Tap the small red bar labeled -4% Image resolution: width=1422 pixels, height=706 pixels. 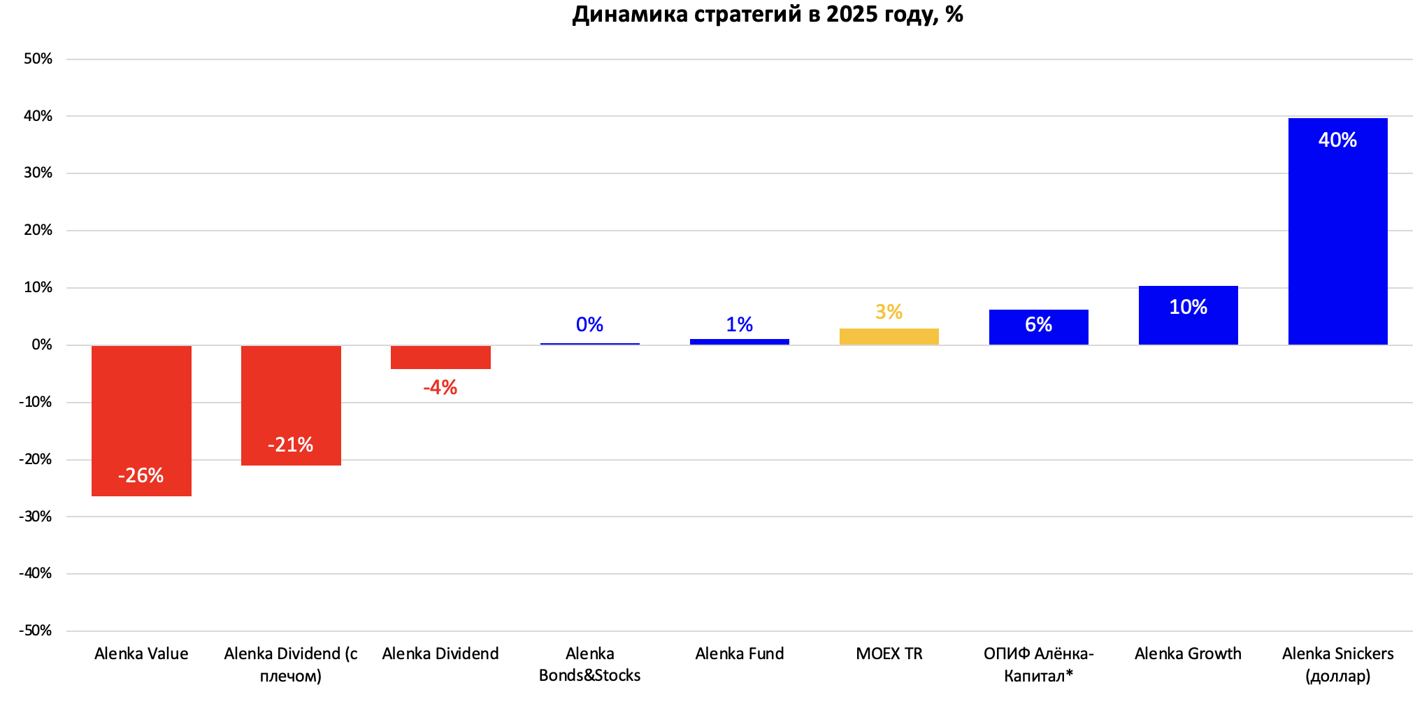click(440, 357)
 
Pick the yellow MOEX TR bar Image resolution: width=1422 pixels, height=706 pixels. click(889, 337)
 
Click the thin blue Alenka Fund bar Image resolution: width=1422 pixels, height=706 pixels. click(739, 342)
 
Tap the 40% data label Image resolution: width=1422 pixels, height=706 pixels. click(1337, 140)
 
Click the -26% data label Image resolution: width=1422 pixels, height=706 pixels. click(141, 476)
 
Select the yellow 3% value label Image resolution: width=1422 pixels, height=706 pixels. click(889, 312)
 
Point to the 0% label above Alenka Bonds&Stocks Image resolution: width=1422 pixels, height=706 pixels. click(589, 324)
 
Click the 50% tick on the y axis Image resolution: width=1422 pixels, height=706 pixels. click(38, 59)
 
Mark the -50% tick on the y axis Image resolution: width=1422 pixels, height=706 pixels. click(36, 631)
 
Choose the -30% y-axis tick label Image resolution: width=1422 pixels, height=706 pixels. click(36, 517)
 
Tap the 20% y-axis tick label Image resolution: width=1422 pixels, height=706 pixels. click(38, 230)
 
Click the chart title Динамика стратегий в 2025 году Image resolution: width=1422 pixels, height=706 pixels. click(767, 14)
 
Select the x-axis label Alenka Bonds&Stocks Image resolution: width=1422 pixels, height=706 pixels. click(589, 664)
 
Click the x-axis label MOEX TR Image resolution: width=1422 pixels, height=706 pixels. click(889, 654)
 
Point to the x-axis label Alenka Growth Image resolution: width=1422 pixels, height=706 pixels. click(1188, 654)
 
